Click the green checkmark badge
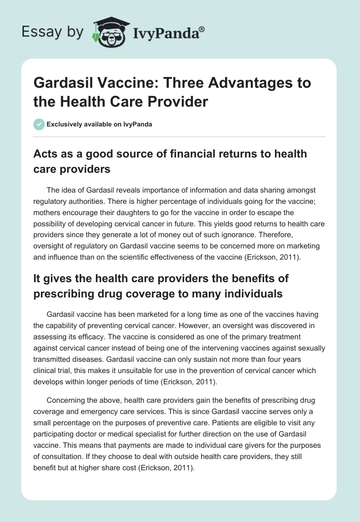(39, 124)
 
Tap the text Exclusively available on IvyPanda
(99, 124)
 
